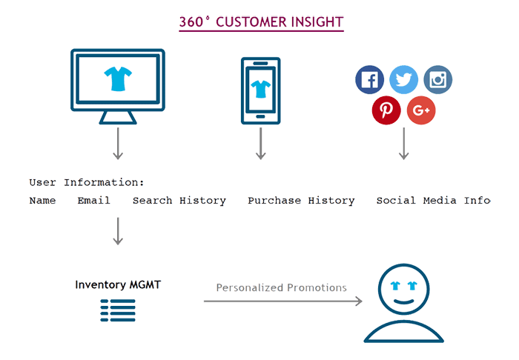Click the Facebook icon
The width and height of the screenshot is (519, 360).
[x=370, y=80]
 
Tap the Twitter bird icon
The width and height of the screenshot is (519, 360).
[x=404, y=80]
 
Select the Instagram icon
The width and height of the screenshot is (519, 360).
[x=437, y=80]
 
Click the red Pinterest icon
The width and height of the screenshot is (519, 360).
[x=386, y=111]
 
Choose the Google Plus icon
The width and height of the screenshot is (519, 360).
[x=421, y=111]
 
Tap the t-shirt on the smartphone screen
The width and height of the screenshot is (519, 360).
[x=260, y=89]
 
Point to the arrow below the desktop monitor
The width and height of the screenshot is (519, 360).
[x=117, y=144]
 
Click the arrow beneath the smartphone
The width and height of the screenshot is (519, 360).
[x=260, y=144]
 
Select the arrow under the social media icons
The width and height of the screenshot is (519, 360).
[x=403, y=144]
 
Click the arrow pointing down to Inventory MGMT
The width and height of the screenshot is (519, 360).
[x=117, y=231]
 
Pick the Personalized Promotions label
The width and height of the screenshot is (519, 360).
[x=281, y=287]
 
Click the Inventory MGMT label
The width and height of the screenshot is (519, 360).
[x=117, y=284]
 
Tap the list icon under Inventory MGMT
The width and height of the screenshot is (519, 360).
[x=118, y=310]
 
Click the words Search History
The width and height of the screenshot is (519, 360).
[x=179, y=201]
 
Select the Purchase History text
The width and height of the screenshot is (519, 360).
[x=301, y=201]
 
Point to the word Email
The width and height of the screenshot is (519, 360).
[x=93, y=201]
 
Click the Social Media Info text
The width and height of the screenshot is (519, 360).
[x=433, y=201]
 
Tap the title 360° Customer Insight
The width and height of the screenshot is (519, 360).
[x=261, y=22]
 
